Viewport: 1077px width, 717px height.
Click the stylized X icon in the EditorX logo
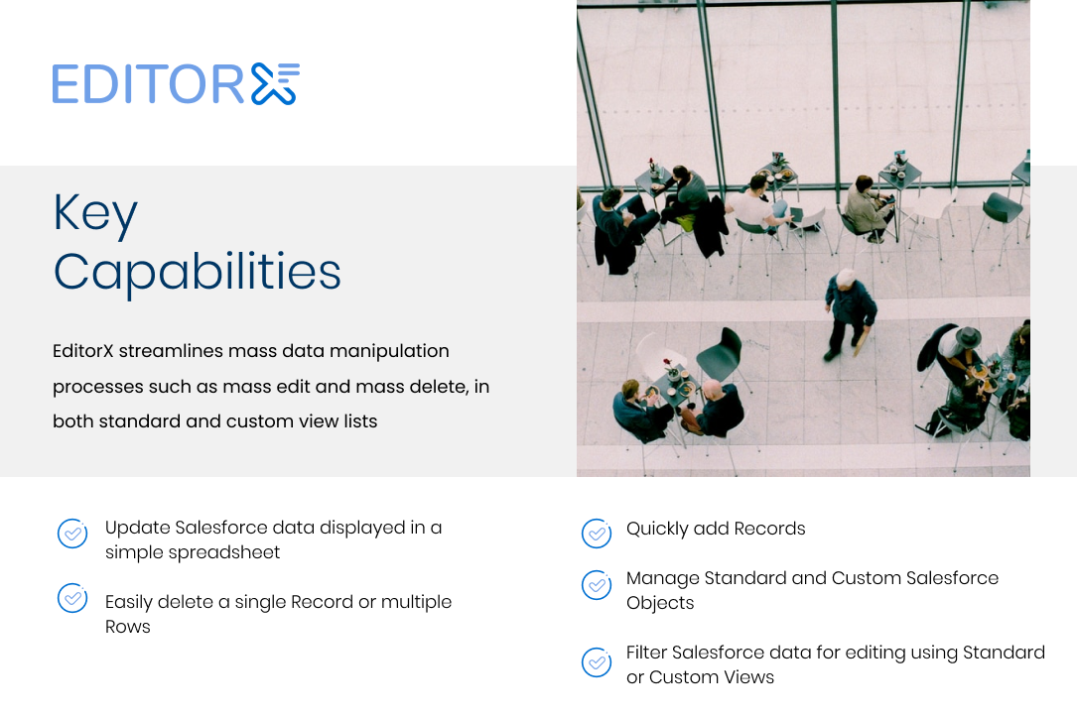tap(275, 83)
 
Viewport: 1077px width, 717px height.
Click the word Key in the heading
tap(95, 215)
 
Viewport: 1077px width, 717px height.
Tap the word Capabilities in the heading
tap(198, 273)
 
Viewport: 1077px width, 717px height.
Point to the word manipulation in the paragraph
tap(389, 352)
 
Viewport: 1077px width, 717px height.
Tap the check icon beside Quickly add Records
tap(597, 534)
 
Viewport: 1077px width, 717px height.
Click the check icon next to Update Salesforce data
tap(72, 534)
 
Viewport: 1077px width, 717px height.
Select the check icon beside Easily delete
tap(72, 598)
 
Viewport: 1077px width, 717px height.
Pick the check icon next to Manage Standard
tap(597, 585)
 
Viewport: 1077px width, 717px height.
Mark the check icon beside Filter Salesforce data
tap(597, 662)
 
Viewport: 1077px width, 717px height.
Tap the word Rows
tap(128, 627)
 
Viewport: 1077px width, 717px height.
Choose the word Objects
tap(660, 603)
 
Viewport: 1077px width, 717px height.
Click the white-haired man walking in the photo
tap(849, 314)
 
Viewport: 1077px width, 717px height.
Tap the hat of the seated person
tap(968, 336)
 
